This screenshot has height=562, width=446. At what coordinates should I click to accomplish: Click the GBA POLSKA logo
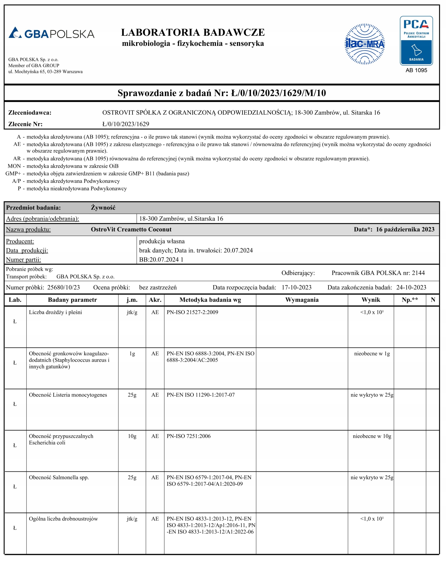click(51, 33)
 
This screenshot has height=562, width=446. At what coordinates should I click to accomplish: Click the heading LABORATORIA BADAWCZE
click(193, 32)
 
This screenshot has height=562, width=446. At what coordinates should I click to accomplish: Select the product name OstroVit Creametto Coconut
click(131, 229)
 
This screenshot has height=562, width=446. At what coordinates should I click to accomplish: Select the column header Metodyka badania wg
click(210, 300)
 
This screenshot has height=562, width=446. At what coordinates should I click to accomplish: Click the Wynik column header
click(371, 300)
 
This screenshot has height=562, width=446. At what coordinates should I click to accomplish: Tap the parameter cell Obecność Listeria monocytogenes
click(68, 395)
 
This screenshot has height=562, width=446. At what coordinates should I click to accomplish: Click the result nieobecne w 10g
click(372, 436)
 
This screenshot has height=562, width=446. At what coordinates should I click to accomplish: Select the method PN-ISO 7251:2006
click(188, 436)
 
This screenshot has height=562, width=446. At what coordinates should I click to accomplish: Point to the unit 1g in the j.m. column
click(132, 353)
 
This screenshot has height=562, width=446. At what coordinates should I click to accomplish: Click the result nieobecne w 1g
click(372, 353)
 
